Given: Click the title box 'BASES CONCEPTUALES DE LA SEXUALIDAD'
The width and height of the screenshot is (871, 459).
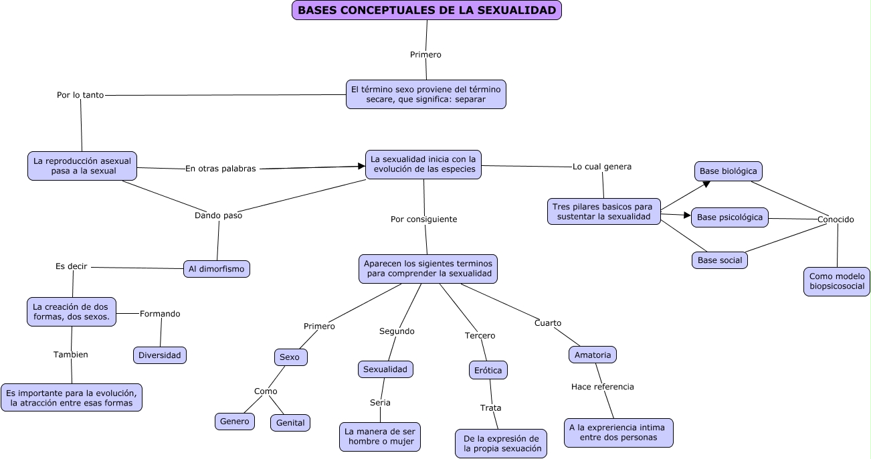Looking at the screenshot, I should [x=426, y=10].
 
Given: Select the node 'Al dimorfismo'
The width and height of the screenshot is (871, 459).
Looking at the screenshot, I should [x=217, y=269].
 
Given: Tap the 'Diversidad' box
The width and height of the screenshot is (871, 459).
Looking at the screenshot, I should [x=160, y=355].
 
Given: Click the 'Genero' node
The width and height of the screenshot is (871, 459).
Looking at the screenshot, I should [x=234, y=421].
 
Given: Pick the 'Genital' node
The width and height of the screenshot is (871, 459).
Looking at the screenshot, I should [x=290, y=423].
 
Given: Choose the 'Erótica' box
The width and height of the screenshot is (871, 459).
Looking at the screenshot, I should [x=488, y=370].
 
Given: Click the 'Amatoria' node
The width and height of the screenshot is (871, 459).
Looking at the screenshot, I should [x=592, y=355].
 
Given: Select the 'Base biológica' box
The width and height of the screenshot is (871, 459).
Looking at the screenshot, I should [x=728, y=171].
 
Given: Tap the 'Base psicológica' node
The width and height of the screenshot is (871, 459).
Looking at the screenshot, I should [x=729, y=217].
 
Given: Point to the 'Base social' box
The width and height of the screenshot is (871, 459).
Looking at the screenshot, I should [x=719, y=260].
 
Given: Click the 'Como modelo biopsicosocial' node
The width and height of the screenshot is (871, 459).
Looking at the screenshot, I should [x=836, y=281].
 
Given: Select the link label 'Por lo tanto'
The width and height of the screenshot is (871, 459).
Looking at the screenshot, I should [x=80, y=95].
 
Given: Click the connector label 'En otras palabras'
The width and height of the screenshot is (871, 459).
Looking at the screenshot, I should [x=220, y=169].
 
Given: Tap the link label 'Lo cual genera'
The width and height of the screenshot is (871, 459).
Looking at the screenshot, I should [x=601, y=167].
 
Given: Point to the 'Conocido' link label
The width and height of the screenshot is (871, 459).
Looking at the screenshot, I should [x=835, y=219].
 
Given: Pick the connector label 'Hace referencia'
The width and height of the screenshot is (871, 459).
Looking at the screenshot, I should [x=602, y=387].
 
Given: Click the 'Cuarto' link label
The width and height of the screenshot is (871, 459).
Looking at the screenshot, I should [x=547, y=323].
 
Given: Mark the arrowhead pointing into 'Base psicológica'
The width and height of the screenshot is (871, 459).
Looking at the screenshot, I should [x=687, y=215].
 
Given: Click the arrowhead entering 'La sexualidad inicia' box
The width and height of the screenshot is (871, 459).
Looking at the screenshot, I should [x=362, y=166].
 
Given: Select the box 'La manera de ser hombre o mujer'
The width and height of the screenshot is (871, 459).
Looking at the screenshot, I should [x=380, y=437].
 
